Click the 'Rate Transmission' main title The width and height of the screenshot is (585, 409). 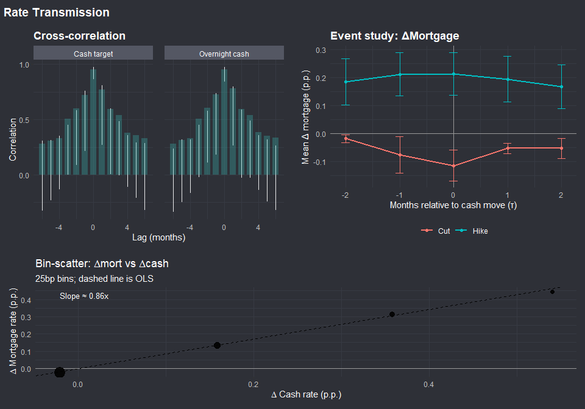(57, 12)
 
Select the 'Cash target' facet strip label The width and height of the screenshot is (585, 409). (93, 54)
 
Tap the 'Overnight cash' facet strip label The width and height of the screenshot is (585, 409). (224, 54)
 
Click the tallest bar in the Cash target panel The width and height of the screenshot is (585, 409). (93, 122)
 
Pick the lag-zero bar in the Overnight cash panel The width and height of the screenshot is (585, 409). (224, 122)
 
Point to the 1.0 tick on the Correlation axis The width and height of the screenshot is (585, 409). (25, 64)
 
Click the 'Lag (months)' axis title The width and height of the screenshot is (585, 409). (158, 238)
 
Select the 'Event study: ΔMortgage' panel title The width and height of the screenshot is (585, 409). (394, 37)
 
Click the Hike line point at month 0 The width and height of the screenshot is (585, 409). (453, 74)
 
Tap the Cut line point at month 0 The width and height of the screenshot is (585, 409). (453, 166)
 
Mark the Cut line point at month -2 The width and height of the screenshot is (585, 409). (346, 139)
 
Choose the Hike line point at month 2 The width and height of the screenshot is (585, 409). (561, 87)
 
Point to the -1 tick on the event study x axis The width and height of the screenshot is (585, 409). (399, 194)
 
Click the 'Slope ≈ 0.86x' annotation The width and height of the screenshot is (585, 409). (84, 296)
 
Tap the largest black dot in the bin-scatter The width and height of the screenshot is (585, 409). (59, 372)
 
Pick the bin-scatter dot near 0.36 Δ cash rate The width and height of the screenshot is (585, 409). (392, 314)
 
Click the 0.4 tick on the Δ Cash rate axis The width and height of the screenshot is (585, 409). (428, 385)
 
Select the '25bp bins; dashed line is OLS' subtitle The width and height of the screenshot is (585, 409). (94, 279)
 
